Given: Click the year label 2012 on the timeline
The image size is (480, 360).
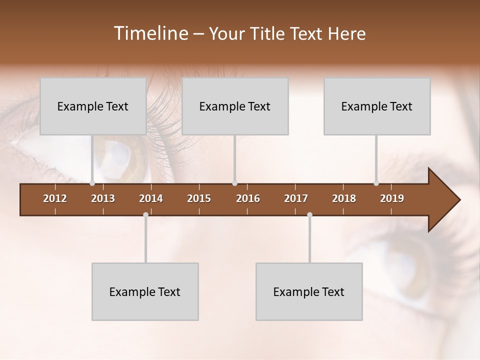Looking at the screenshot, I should click(55, 198).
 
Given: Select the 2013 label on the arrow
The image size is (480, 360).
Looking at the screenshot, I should click(103, 198).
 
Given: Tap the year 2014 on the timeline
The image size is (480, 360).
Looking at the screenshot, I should click(151, 198).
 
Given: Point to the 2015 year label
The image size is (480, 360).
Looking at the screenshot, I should click(199, 198).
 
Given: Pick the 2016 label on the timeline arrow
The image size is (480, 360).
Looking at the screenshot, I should click(248, 198).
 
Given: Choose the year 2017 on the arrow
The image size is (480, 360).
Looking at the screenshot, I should click(296, 198).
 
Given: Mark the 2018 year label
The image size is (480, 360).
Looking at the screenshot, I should click(344, 198).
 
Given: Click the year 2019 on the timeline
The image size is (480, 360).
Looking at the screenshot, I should click(392, 198).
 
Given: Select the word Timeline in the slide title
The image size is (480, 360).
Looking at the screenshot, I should click(150, 33).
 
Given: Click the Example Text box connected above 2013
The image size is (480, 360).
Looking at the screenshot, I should click(93, 106).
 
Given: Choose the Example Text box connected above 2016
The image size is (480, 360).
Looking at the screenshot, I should click(235, 106).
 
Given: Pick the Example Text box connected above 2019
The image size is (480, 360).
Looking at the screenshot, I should click(377, 106).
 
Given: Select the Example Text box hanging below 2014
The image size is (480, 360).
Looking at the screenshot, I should click(145, 291).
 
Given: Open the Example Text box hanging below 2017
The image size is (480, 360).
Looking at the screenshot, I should click(309, 291).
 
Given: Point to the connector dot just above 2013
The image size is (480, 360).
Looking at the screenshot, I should click(92, 183).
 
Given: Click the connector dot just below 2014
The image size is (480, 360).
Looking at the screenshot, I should click(145, 215).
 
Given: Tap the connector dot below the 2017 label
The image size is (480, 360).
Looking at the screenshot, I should click(309, 215).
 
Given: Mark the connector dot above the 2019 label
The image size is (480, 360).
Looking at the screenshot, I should click(376, 183).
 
